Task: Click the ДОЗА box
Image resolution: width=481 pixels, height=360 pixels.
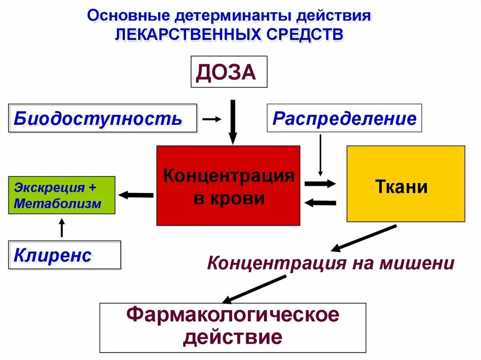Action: (x=229, y=72)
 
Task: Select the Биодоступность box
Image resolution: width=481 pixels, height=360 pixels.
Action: (x=103, y=118)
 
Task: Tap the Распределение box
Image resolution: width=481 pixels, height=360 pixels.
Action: (x=344, y=118)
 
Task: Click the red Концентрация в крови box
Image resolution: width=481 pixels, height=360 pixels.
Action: (x=228, y=186)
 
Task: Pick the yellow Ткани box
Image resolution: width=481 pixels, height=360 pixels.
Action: (x=405, y=184)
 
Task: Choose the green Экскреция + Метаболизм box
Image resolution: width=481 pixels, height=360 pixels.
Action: (x=62, y=195)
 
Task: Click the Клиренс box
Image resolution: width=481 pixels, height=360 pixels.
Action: (x=65, y=255)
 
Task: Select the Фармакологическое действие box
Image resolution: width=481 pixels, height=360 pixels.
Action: (x=233, y=327)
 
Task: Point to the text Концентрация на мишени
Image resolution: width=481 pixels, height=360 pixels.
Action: (x=331, y=263)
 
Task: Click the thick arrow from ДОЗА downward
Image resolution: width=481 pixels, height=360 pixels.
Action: (x=233, y=121)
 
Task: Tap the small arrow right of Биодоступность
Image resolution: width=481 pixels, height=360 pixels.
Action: (x=211, y=119)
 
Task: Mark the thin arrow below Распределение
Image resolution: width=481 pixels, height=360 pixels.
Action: (x=320, y=155)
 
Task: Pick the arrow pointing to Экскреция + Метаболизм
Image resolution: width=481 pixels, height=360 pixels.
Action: (x=136, y=195)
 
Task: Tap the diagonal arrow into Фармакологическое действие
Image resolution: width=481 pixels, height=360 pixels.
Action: (x=254, y=289)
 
